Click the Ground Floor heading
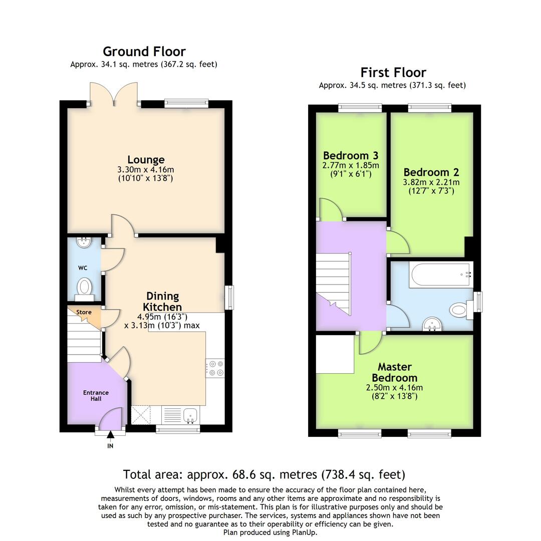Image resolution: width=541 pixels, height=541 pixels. click(x=144, y=52)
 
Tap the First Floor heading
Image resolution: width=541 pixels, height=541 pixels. click(x=393, y=73)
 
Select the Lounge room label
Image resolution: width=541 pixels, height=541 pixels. click(x=146, y=160)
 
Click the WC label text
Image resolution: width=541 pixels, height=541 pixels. click(x=83, y=268)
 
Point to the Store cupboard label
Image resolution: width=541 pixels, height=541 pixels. click(x=84, y=312)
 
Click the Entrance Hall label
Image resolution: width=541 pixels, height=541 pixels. click(x=96, y=395)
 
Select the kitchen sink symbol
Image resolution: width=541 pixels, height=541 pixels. click(x=190, y=415)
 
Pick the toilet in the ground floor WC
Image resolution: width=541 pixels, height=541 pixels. click(x=85, y=288)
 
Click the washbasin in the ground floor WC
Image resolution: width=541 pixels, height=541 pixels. click(x=83, y=242)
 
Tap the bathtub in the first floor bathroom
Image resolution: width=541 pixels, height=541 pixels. click(x=440, y=275)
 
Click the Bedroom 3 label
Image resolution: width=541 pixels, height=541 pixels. click(x=351, y=155)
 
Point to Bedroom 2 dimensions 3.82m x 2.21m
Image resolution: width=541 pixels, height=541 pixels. click(x=431, y=182)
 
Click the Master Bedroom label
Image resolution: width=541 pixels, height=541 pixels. click(x=394, y=372)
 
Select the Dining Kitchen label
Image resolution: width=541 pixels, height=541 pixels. click(x=162, y=302)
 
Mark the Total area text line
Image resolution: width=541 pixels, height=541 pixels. click(x=264, y=474)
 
